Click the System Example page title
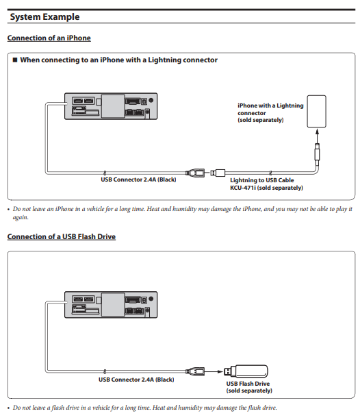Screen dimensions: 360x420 pos(44,17)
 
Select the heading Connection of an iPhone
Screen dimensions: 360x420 pos(49,38)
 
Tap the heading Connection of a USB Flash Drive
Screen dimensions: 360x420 pos(62,237)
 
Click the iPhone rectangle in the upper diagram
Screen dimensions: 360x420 pos(316,112)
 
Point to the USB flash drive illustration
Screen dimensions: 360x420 pos(246,371)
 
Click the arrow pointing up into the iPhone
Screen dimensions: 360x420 pos(317,136)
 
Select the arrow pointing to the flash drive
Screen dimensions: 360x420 pos(214,371)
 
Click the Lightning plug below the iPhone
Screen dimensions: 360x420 pos(317,153)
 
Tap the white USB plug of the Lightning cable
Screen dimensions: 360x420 pos(218,173)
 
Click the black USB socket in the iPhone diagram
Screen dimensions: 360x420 pos(195,173)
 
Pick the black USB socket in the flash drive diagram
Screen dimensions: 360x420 pos(195,371)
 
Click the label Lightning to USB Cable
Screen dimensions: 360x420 pos(261,180)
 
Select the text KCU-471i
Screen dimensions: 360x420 pos(243,188)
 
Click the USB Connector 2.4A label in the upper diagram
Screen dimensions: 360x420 pos(138,180)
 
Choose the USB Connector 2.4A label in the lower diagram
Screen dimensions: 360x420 pos(136,380)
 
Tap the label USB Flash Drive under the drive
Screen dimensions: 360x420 pos(248,384)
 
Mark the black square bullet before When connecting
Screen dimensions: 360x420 pos(15,60)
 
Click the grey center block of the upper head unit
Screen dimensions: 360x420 pos(113,106)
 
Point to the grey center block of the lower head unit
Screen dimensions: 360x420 pos(113,305)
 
